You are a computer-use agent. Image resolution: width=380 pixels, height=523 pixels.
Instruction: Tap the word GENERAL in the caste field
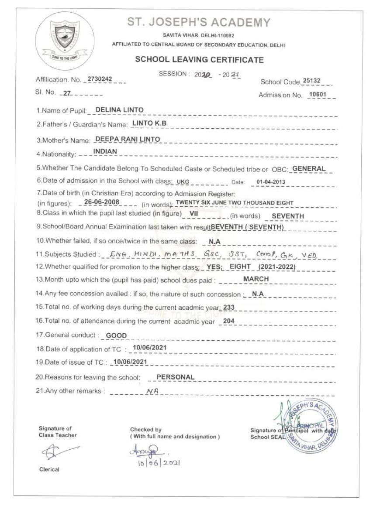pyautogui.click(x=310, y=168)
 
